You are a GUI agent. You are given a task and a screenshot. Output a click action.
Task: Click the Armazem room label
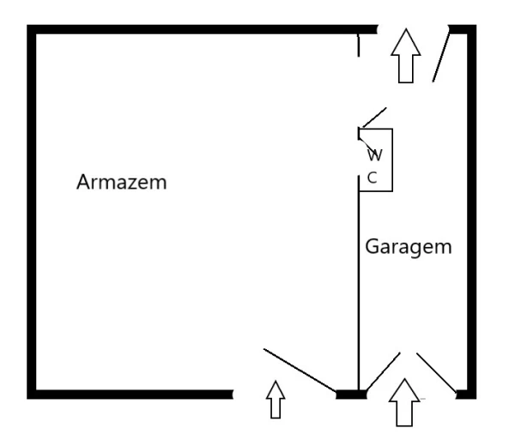122,182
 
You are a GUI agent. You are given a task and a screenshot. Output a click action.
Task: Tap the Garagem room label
409,246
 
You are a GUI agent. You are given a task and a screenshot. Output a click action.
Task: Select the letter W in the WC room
375,155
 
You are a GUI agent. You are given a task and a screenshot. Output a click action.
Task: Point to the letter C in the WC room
372,178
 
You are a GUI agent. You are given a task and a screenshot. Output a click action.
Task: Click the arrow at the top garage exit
406,56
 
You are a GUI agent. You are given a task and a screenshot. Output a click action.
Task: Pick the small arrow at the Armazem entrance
276,400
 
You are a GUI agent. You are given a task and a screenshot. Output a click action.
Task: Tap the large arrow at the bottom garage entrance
404,402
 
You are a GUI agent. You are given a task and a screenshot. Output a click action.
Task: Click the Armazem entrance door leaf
300,371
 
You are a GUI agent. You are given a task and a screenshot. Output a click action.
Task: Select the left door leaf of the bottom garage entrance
383,371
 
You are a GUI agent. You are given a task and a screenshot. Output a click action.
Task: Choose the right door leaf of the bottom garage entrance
437,372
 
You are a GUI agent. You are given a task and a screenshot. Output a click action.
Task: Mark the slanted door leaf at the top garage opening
441,54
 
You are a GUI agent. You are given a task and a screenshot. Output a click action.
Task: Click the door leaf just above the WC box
373,118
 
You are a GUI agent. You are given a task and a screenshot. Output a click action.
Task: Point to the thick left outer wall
31,212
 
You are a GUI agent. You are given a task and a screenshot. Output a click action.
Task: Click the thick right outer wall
471,212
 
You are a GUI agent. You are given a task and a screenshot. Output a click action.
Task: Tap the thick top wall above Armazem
202,29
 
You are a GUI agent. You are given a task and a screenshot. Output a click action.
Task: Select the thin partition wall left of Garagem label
359,283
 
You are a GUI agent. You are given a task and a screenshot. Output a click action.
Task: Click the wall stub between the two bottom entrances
351,395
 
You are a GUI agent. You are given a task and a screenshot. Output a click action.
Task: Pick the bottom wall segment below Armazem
130,395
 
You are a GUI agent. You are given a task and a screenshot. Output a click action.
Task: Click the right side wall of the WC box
392,160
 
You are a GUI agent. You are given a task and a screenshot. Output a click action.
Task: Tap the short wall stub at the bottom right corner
466,395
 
